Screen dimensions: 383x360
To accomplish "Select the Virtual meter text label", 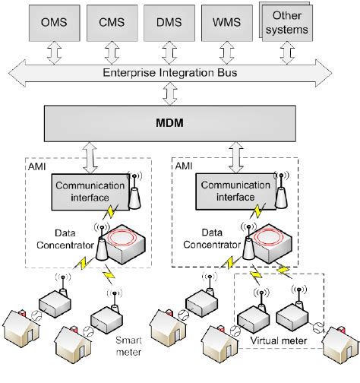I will [x=279, y=341].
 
